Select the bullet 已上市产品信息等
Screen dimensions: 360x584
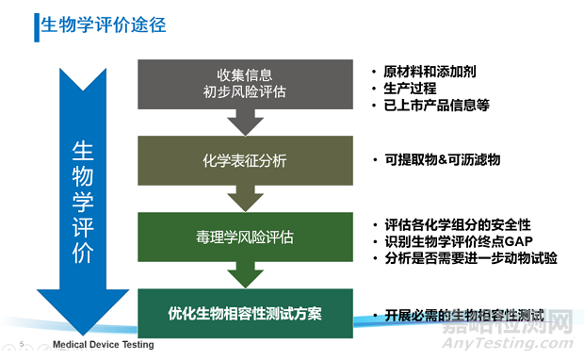pyautogui.click(x=436, y=106)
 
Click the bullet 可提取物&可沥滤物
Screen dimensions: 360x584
pyautogui.click(x=442, y=159)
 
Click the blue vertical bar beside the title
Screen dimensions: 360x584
pyautogui.click(x=37, y=26)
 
